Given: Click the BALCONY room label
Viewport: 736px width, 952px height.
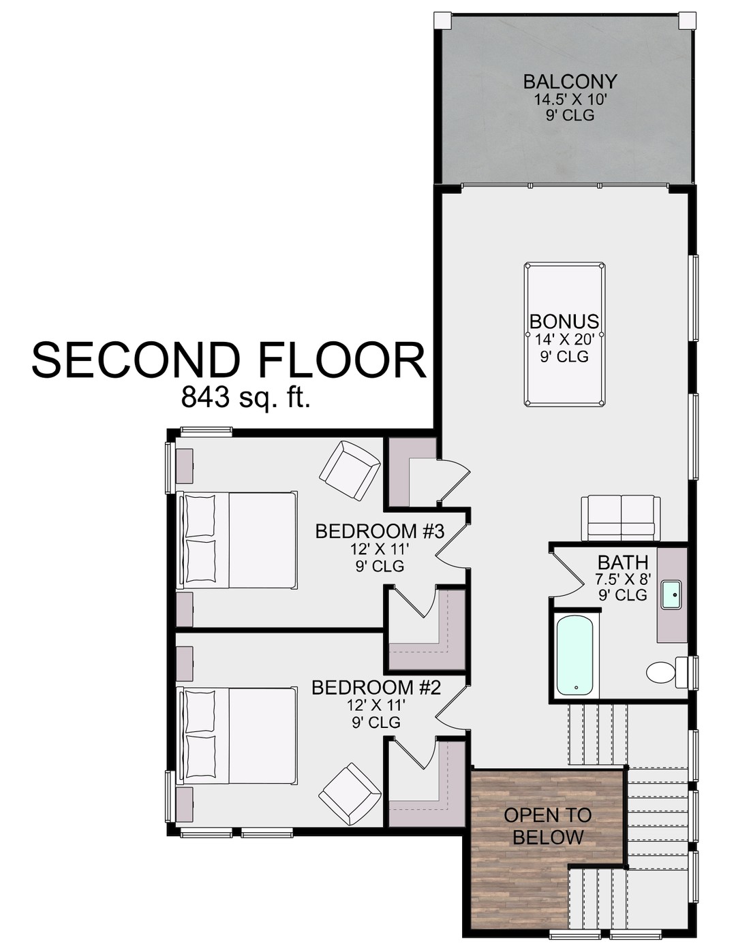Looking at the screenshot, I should pyautogui.click(x=570, y=82).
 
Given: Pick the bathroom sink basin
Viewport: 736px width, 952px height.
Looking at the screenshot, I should pyautogui.click(x=672, y=594).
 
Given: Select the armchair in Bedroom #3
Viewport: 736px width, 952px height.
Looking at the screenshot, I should pyautogui.click(x=350, y=471).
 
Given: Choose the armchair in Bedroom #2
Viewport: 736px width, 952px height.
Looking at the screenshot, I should pyautogui.click(x=350, y=793).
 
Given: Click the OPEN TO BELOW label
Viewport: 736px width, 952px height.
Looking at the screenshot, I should pyautogui.click(x=548, y=826).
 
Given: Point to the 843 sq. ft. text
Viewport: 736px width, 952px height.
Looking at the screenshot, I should pyautogui.click(x=245, y=397).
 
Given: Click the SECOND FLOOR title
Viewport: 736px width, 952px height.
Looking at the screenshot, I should pyautogui.click(x=229, y=360).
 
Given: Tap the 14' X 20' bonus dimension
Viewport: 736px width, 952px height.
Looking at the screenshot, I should pyautogui.click(x=564, y=338).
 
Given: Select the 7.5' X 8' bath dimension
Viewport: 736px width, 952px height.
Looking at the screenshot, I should pyautogui.click(x=623, y=580).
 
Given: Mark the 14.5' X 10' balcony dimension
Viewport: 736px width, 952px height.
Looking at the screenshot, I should pyautogui.click(x=570, y=99).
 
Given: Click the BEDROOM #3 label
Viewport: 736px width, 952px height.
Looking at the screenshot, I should pyautogui.click(x=380, y=531).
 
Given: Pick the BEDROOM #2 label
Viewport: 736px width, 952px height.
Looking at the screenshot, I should pyautogui.click(x=376, y=688).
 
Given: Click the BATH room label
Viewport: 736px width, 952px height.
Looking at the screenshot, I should pyautogui.click(x=623, y=562).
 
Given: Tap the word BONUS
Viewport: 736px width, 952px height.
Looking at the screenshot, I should pyautogui.click(x=564, y=321).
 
